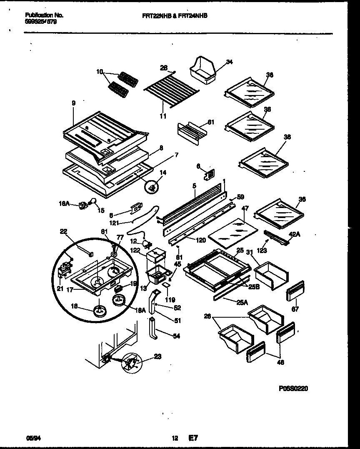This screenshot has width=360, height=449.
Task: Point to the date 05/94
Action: pyautogui.click(x=31, y=438)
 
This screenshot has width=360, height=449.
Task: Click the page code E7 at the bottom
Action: pyautogui.click(x=193, y=438)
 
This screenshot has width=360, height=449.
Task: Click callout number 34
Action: pyautogui.click(x=229, y=62)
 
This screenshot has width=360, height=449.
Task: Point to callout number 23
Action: pyautogui.click(x=157, y=356)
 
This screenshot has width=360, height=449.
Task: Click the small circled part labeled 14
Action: pyautogui.click(x=153, y=188)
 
